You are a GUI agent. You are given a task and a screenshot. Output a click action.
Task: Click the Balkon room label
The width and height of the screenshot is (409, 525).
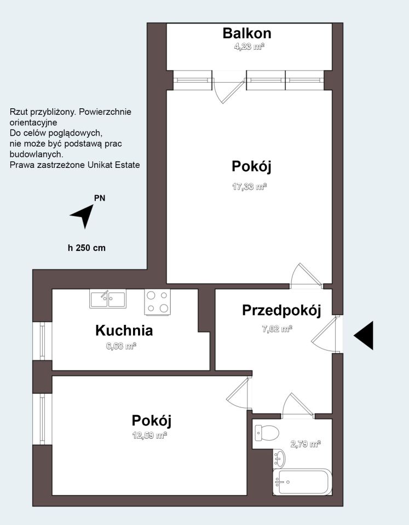point(246,33)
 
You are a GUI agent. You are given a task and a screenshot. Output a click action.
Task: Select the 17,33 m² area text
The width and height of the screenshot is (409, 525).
point(249,186)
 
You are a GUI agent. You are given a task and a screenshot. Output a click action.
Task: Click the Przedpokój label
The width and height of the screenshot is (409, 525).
point(281,310)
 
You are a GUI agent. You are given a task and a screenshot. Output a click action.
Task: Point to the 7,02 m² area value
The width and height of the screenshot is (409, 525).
point(276,329)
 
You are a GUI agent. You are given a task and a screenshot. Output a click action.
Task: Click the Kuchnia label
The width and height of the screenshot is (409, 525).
point(124,330)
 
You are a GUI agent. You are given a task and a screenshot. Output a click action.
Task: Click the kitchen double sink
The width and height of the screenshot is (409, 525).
point(108,299)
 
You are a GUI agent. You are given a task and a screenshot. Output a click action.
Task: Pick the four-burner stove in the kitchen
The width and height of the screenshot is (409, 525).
point(157,302)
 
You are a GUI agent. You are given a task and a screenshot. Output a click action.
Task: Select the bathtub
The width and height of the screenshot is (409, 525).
point(301,482)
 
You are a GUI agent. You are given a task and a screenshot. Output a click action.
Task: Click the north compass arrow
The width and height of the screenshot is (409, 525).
point(83,214)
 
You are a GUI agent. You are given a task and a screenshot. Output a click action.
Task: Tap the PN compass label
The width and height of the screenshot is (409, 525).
point(100,198)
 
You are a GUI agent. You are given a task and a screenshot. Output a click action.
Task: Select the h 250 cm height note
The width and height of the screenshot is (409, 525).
point(87,248)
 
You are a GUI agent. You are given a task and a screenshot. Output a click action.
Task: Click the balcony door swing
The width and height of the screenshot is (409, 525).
point(227,90)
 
